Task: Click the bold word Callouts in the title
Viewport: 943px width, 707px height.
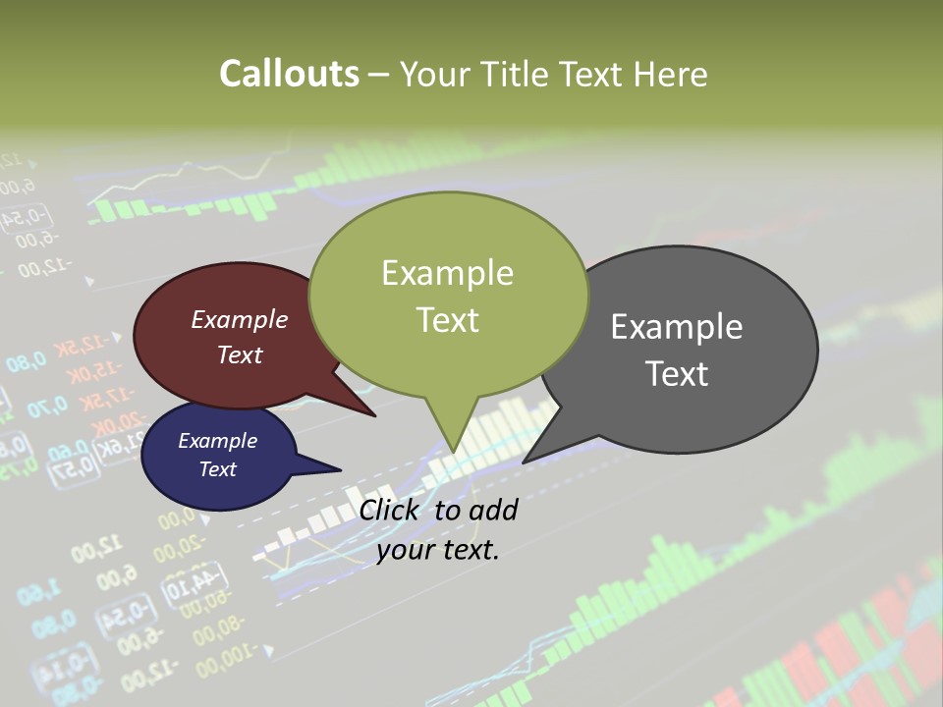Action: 289,74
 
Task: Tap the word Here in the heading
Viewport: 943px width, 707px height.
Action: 670,74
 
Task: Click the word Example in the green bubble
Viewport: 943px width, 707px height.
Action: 447,272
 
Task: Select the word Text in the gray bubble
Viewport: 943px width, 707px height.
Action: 676,374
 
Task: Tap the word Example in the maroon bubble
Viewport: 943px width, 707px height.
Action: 239,320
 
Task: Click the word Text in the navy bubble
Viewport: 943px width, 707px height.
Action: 217,469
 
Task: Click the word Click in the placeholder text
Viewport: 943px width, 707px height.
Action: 390,510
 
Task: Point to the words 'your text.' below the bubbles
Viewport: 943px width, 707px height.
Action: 438,550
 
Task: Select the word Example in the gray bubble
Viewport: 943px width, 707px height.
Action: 676,327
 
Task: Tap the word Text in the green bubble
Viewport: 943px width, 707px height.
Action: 447,320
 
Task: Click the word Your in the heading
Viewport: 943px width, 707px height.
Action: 432,74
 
